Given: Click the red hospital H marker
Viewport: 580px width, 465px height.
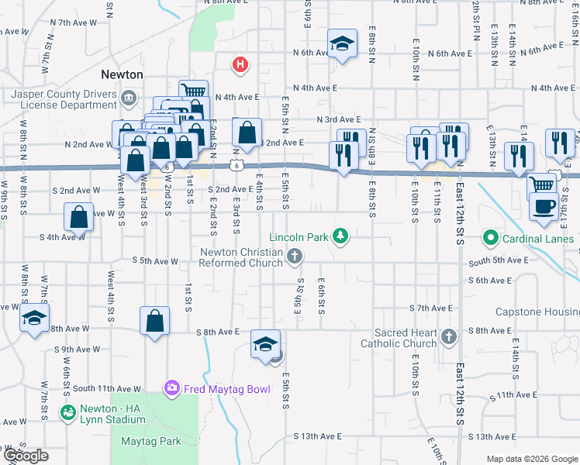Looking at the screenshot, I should point(240,64).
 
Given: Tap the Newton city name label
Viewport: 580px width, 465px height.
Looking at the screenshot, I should point(122,74).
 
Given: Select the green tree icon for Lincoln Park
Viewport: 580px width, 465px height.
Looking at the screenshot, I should point(339,235).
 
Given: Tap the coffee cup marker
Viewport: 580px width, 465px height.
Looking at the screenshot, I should point(543,206).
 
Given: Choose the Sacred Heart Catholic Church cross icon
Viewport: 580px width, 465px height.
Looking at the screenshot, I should point(450,335).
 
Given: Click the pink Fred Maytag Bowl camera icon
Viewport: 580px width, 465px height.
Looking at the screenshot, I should point(171,387).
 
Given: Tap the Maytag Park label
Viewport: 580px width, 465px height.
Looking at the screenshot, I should point(151,441).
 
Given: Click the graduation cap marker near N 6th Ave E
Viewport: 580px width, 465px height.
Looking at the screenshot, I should point(341,44).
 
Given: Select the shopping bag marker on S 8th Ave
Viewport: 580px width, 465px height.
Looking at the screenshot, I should point(154,321).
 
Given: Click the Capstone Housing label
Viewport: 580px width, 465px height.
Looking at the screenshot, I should point(537,312).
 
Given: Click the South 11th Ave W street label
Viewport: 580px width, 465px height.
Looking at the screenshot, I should point(108,388).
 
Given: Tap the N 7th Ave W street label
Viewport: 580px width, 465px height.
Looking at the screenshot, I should point(73,24).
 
